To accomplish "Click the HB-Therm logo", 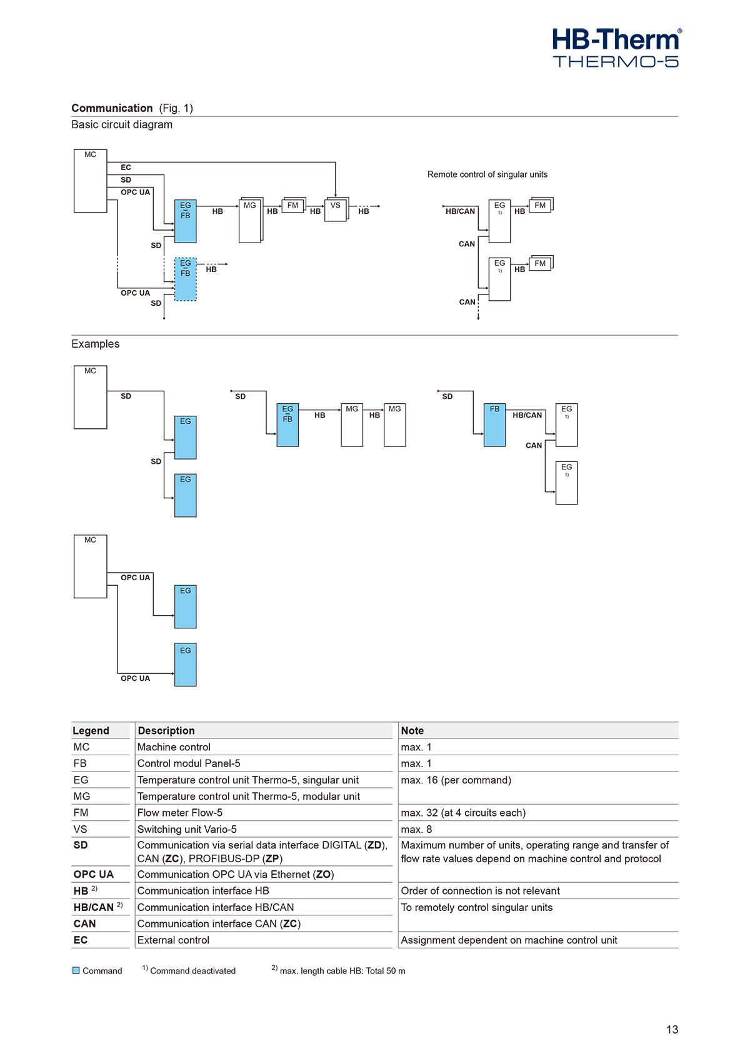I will pos(616,48).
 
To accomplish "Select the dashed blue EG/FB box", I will pos(185,279).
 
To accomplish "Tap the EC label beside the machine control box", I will pos(126,168).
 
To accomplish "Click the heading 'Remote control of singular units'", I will pos(487,174).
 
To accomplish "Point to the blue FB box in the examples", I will pos(494,425).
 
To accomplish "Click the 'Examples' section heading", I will pos(95,344).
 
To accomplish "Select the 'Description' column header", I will pos(166,731).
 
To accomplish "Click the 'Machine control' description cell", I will pos(174,747).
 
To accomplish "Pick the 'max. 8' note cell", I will pos(416,829).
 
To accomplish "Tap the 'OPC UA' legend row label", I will pos(93,874).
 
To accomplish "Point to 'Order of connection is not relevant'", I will pos(480,891).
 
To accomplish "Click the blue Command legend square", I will pos(76,970).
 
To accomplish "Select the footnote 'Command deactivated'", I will pos(192,971).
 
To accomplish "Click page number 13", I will pos(672,1030).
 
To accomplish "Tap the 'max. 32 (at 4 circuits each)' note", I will pos(463,813).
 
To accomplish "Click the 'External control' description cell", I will pos(173,940).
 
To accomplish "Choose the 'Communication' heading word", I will pos(112,108).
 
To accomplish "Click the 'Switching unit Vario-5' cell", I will pos(187,829).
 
